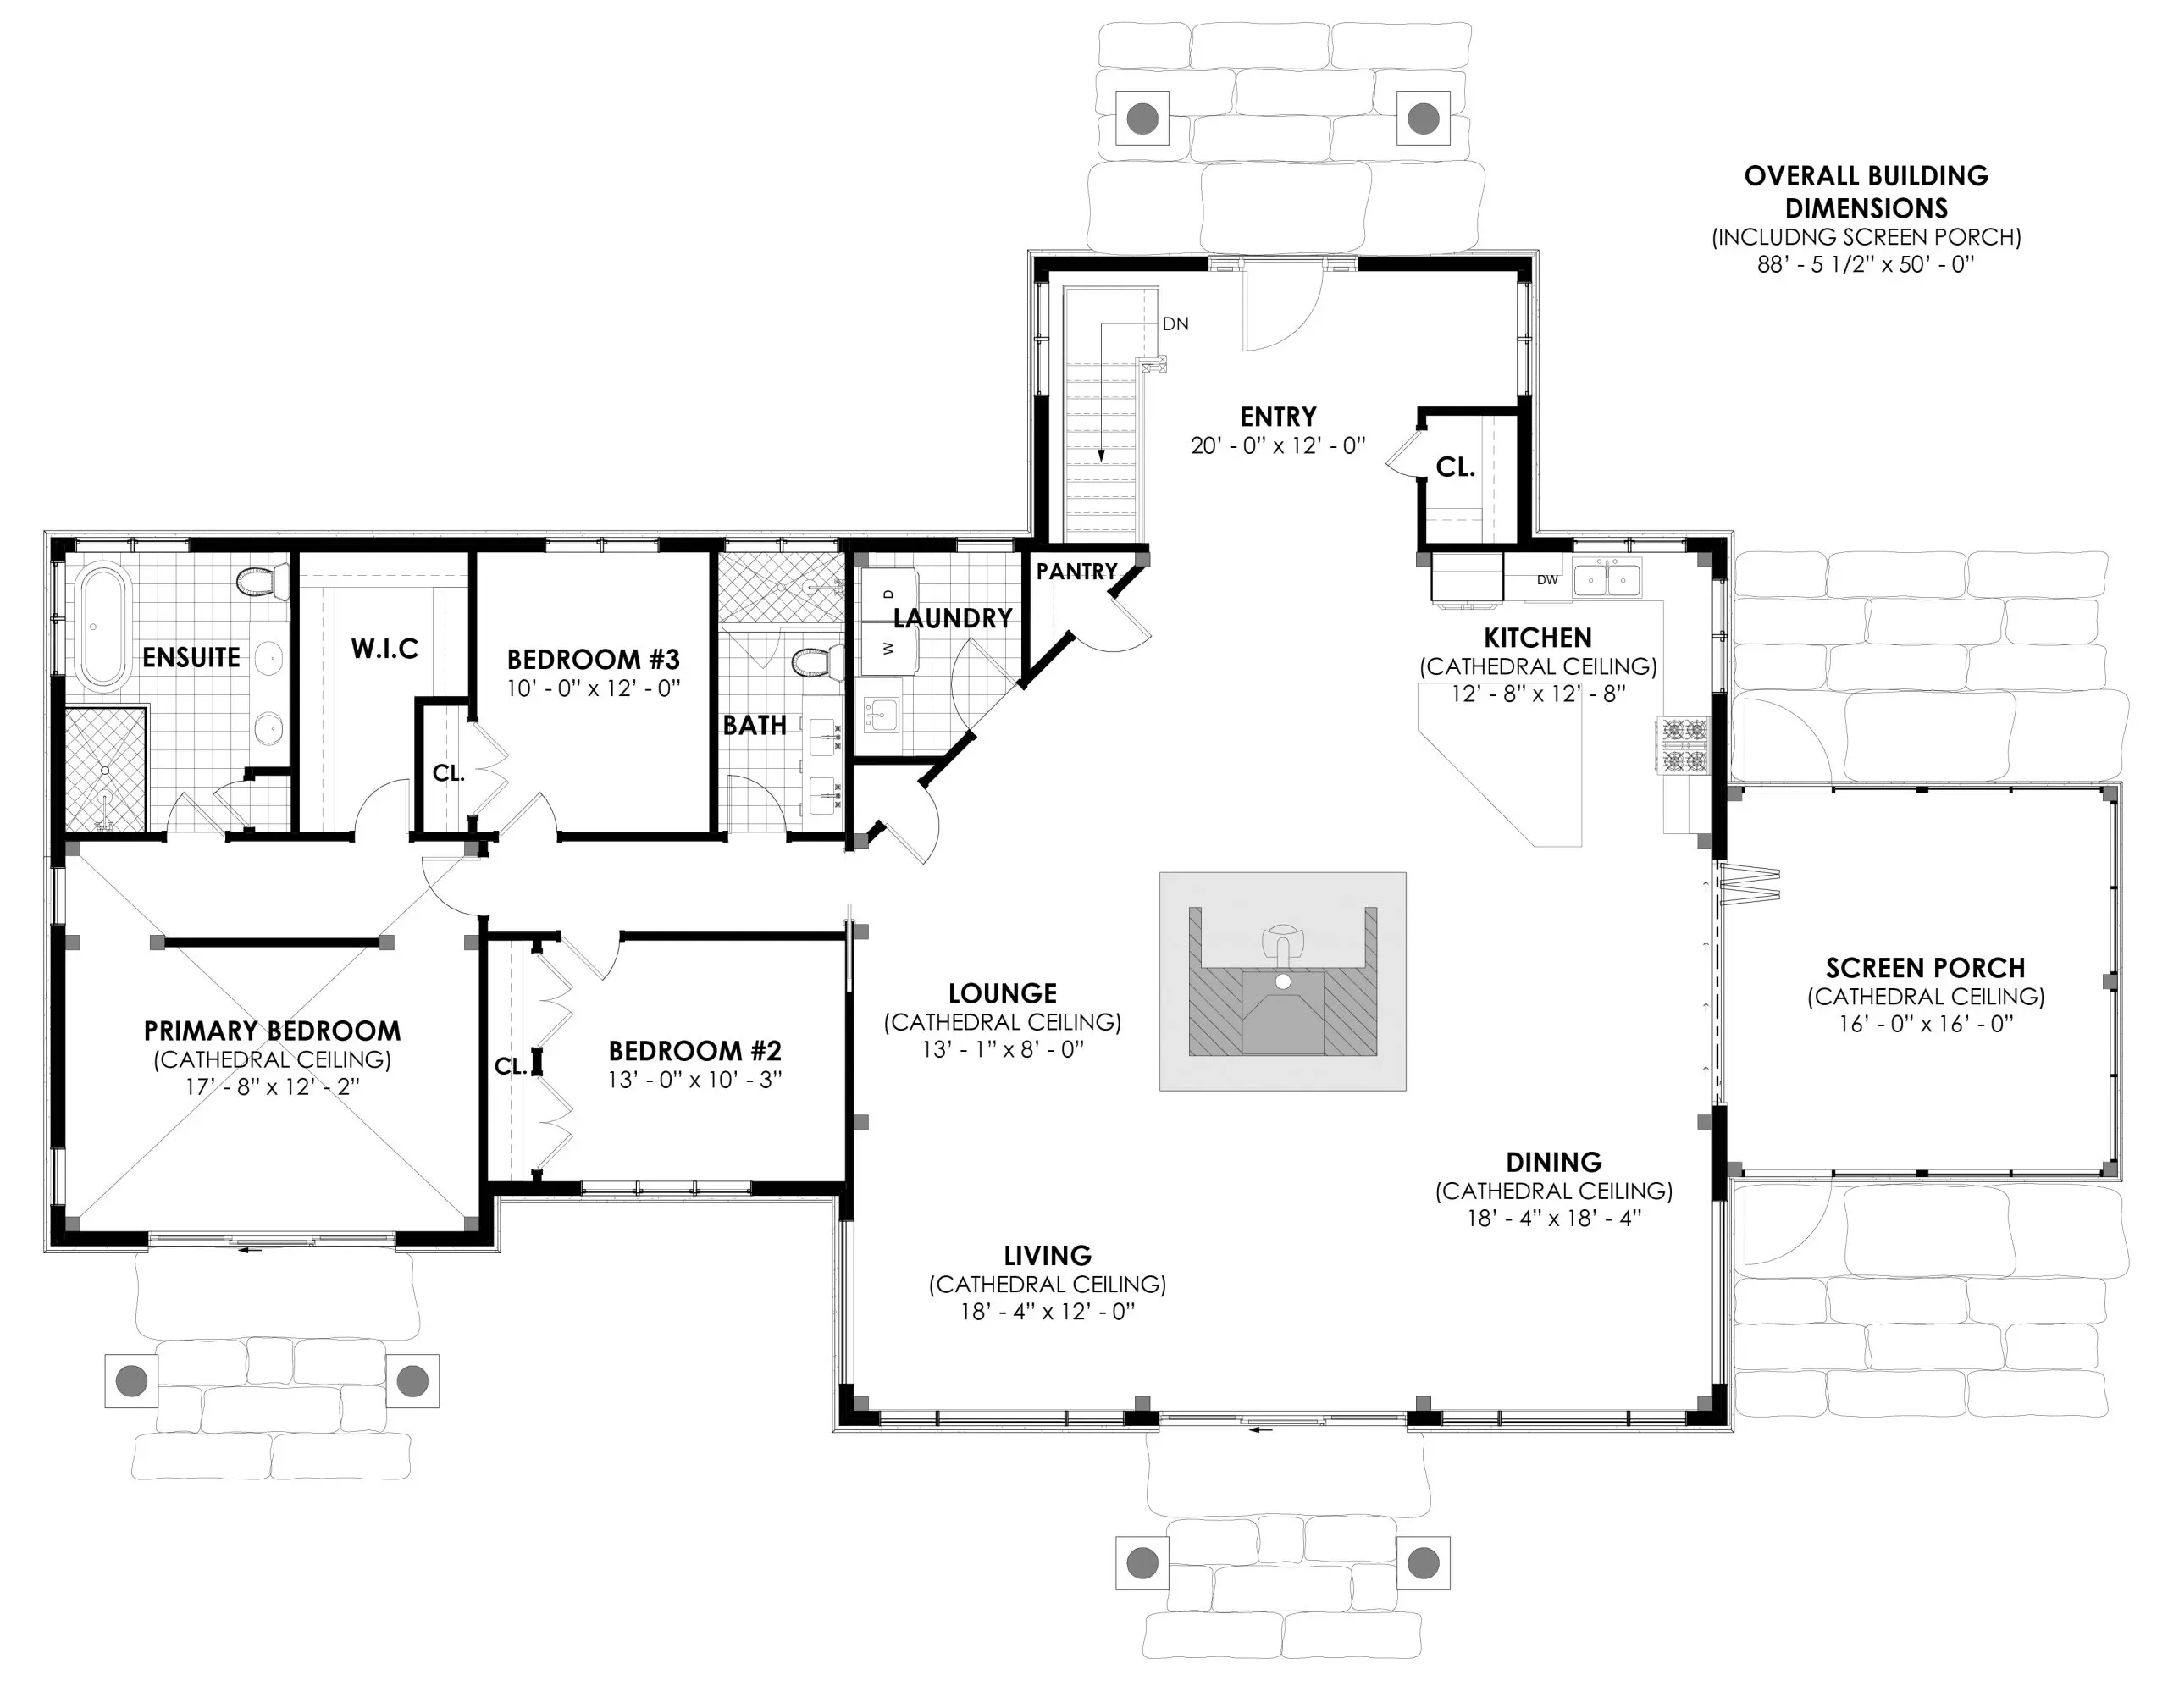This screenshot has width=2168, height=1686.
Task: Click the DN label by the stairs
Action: (1175, 324)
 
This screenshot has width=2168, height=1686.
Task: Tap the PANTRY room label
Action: (1076, 572)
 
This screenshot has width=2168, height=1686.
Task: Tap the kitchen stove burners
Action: (1683, 746)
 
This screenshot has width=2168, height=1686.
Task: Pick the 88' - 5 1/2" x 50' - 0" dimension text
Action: (1865, 265)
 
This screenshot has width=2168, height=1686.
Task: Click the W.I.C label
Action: (384, 649)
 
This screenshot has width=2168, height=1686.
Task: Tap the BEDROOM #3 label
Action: (593, 659)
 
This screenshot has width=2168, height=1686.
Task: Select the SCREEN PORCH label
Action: (1925, 968)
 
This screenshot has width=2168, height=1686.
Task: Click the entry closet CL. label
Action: (1455, 467)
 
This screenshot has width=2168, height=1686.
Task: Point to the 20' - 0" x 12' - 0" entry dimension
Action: (1278, 445)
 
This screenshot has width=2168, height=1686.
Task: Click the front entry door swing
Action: (1280, 307)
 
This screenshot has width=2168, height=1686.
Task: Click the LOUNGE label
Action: (1002, 993)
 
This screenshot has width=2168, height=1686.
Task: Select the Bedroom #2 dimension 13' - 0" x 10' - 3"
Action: (695, 1080)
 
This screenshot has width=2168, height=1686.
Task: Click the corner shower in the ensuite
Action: (105, 769)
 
